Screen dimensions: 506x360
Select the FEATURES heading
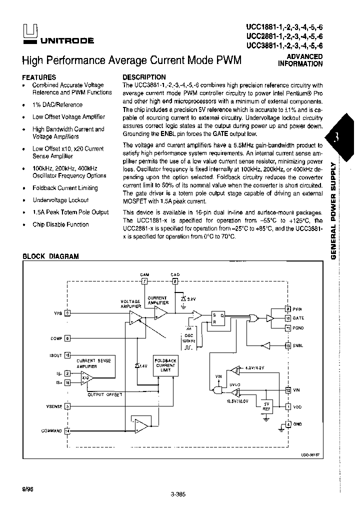point(39,77)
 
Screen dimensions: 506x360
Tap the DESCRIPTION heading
point(144,77)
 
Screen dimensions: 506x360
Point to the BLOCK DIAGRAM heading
point(50,256)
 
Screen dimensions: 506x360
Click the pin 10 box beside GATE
point(287,318)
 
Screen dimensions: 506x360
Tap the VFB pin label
point(58,313)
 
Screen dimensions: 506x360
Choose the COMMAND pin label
point(51,430)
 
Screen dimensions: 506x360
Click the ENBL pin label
point(298,345)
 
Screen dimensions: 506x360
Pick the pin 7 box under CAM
point(144,281)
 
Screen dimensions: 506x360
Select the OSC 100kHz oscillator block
point(189,339)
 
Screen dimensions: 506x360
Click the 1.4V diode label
point(142,366)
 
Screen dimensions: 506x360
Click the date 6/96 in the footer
point(28,487)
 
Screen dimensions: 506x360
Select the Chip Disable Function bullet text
point(60,224)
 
